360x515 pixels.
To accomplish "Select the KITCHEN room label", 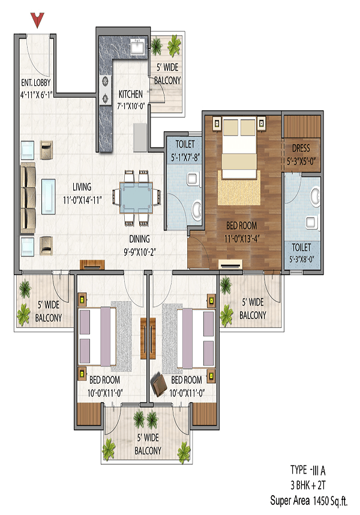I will click(x=130, y=94).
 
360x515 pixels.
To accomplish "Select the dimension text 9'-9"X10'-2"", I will click(x=139, y=247).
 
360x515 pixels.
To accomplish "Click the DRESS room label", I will click(x=301, y=148).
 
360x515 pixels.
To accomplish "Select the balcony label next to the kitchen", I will click(x=167, y=75).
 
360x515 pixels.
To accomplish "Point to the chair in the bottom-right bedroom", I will click(x=160, y=383).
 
